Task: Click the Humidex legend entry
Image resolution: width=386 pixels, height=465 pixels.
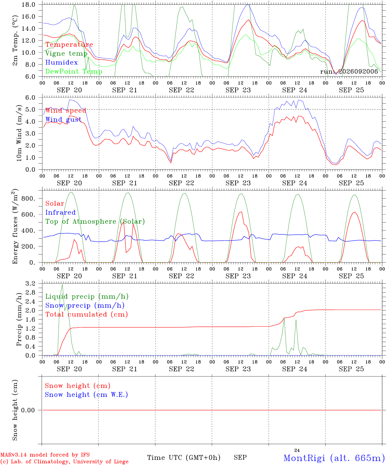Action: pyautogui.click(x=61, y=62)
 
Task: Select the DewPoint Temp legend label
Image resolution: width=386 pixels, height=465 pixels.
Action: pyautogui.click(x=74, y=71)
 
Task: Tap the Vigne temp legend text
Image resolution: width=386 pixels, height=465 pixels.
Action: pyautogui.click(x=67, y=54)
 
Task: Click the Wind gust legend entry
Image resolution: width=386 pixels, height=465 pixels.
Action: pyautogui.click(x=63, y=119)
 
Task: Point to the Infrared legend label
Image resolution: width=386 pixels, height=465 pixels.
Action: pyautogui.click(x=60, y=212)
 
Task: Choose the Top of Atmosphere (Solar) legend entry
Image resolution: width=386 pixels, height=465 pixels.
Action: pyautogui.click(x=95, y=222)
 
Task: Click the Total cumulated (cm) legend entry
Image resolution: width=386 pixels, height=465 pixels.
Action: pyautogui.click(x=87, y=315)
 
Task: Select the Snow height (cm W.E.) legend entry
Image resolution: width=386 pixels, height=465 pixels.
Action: pyautogui.click(x=86, y=395)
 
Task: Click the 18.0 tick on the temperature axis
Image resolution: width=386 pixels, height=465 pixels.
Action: pyautogui.click(x=28, y=5)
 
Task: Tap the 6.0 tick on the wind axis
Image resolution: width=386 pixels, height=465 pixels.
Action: pyautogui.click(x=30, y=98)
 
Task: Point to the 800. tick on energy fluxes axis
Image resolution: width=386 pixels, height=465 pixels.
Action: pyautogui.click(x=28, y=198)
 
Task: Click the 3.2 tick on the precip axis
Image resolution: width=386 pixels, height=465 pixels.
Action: pyautogui.click(x=30, y=284)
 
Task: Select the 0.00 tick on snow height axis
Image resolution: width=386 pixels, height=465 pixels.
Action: pyautogui.click(x=28, y=410)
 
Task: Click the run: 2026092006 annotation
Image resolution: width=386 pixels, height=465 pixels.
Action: pyautogui.click(x=349, y=71)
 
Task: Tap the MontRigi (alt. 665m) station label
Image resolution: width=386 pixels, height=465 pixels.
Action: pyautogui.click(x=332, y=458)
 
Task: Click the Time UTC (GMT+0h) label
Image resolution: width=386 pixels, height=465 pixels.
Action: pyautogui.click(x=184, y=458)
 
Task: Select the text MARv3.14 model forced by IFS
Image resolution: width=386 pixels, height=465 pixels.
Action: pyautogui.click(x=45, y=455)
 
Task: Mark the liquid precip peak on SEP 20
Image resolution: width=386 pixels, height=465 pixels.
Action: pyautogui.click(x=62, y=284)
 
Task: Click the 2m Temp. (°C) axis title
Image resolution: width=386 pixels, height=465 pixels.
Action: pyautogui.click(x=15, y=41)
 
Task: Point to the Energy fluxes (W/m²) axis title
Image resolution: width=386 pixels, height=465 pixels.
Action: pyautogui.click(x=15, y=226)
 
